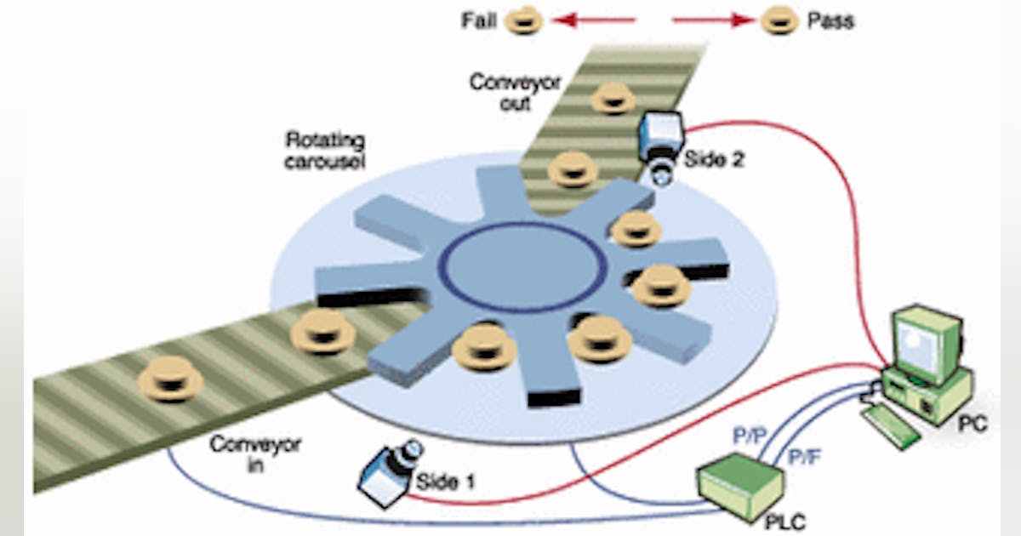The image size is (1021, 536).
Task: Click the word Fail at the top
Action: [480, 20]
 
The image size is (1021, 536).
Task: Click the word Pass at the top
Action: [830, 20]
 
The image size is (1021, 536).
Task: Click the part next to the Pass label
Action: [779, 20]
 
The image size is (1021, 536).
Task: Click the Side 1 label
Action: [445, 482]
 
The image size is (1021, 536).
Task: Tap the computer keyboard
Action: [890, 426]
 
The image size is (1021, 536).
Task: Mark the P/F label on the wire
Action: [804, 457]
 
